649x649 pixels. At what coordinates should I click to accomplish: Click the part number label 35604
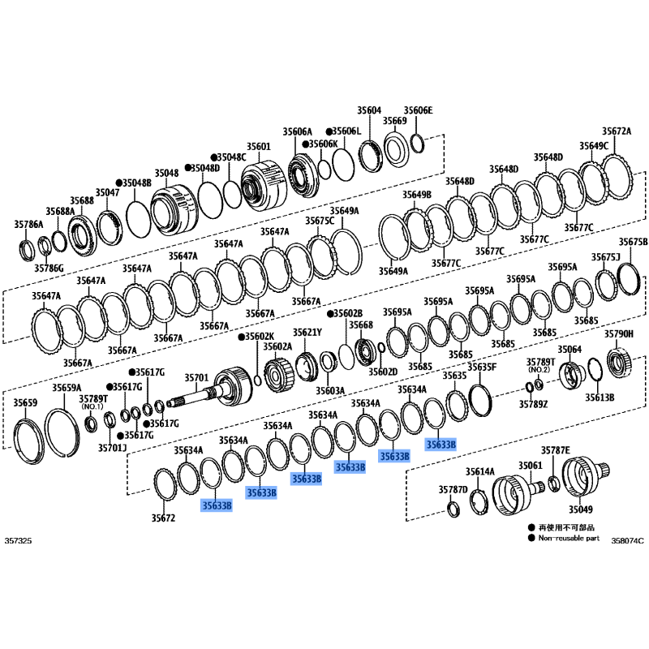point(369,110)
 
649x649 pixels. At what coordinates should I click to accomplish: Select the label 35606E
point(418,110)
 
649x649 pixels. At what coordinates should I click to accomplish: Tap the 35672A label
point(617,131)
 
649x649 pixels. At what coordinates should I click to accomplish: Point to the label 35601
point(259,147)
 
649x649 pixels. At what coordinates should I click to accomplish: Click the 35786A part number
point(28,225)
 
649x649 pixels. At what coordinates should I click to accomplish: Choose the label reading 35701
point(196,377)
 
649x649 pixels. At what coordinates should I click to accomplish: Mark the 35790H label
point(619,334)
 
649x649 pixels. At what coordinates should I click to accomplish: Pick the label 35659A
point(67,388)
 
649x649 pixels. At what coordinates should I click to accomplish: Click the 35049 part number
point(580,509)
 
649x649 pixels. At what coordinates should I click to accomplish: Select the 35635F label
point(482,367)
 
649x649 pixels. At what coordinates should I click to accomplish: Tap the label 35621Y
point(307,333)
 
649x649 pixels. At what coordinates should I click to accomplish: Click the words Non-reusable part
point(569,538)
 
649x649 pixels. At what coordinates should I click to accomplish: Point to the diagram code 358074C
point(627,540)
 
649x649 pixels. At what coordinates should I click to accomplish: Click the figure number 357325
point(18,540)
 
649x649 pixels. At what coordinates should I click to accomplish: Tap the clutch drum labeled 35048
point(174,211)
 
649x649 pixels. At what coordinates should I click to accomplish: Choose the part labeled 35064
point(571,375)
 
